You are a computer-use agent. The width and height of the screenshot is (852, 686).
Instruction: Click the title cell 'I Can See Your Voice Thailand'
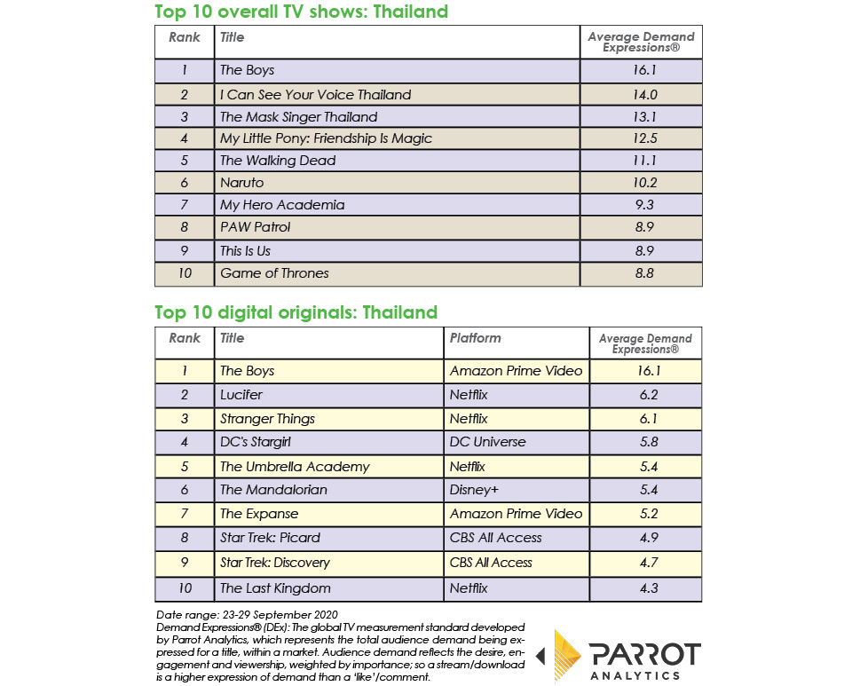(x=315, y=94)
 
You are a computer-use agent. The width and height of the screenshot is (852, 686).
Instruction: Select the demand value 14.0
(x=642, y=94)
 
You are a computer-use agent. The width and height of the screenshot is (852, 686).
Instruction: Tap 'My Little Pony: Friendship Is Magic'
(x=326, y=138)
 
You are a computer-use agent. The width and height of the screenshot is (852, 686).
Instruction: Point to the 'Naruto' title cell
(x=242, y=183)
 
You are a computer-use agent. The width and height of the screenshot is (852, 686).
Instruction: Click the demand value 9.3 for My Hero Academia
(x=642, y=205)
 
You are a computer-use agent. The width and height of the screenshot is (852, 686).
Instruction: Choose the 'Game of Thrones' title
(x=274, y=273)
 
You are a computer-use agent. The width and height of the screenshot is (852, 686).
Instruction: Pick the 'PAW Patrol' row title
(x=255, y=227)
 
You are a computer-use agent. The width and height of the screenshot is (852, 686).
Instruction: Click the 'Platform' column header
(x=475, y=338)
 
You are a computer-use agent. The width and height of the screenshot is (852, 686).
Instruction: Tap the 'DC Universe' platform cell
(x=487, y=442)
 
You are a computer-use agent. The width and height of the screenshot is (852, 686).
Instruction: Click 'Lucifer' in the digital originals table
(x=241, y=394)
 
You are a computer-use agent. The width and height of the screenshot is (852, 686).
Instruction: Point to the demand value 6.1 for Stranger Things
(x=645, y=418)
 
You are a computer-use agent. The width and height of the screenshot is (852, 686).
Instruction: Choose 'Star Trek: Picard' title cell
(x=270, y=538)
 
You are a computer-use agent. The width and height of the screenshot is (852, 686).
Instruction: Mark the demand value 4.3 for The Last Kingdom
(x=645, y=587)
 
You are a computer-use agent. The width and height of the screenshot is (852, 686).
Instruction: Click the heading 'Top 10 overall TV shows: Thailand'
(x=301, y=12)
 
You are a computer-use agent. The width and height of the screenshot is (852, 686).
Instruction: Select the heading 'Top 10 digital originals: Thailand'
(x=296, y=312)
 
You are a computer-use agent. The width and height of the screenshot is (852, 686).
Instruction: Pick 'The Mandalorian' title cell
(x=273, y=490)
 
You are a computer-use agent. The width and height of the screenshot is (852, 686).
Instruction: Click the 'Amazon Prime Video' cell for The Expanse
(x=516, y=514)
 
